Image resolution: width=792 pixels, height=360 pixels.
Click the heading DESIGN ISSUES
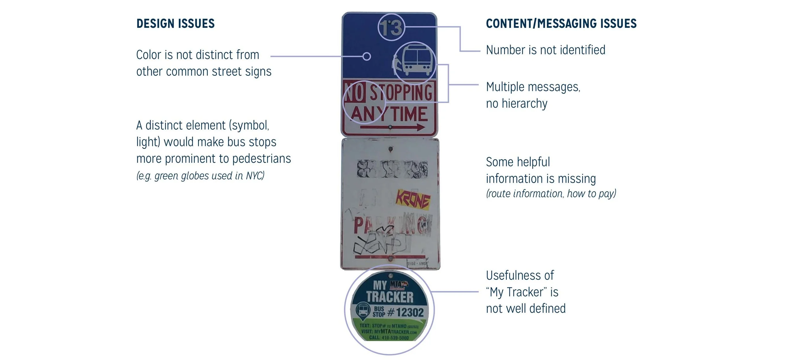point(175,24)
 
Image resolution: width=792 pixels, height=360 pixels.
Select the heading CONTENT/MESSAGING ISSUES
point(561,24)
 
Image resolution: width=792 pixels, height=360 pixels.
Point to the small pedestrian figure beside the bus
point(397,65)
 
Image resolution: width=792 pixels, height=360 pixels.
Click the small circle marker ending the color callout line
point(367,56)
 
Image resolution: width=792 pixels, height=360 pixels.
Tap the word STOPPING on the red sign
point(401,93)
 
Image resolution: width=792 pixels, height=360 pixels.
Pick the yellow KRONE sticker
point(413,200)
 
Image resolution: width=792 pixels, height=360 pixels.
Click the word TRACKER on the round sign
point(390,297)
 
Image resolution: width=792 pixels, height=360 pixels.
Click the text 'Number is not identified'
point(546,50)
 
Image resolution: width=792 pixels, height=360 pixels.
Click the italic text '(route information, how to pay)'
point(551,194)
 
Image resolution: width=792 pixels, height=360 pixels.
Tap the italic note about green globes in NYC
point(200,176)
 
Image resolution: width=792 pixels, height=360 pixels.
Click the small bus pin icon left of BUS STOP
point(363,310)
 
